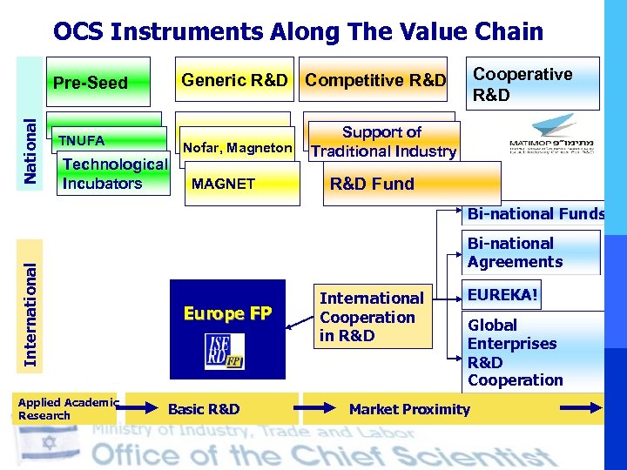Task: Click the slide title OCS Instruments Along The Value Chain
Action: point(298,32)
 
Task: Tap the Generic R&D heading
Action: point(233,81)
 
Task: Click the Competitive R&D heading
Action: point(375,81)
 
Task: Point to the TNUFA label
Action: point(81,140)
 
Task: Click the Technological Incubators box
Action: point(114,174)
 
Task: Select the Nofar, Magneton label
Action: point(236,147)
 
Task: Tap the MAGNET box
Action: point(223,184)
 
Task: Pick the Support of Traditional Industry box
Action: point(383,142)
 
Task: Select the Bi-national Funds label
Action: point(535,213)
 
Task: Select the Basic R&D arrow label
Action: point(204,409)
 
